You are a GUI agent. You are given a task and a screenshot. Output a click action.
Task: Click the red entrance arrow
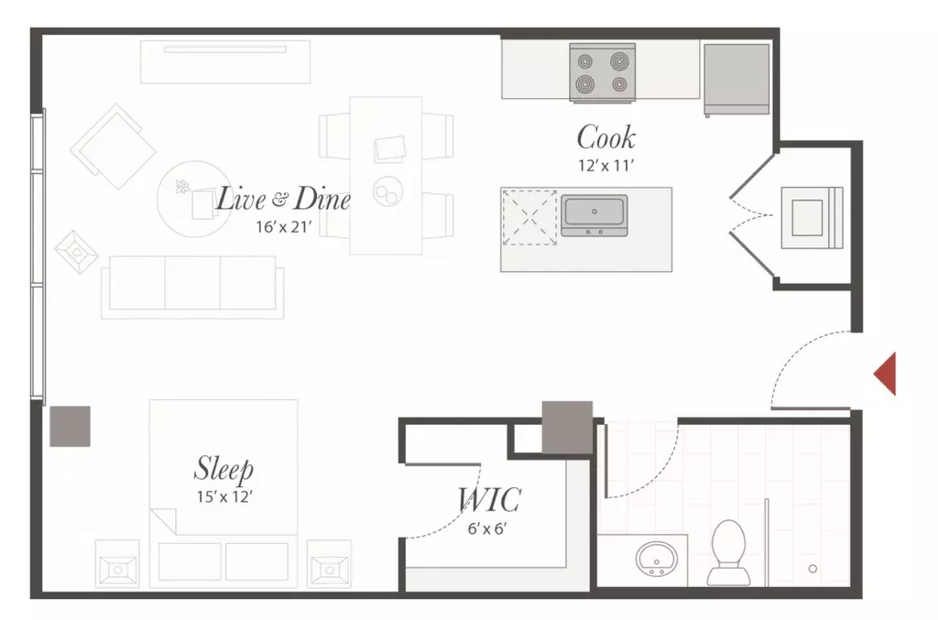pyautogui.click(x=888, y=375)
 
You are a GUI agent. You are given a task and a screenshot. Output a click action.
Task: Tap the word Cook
pyautogui.click(x=606, y=137)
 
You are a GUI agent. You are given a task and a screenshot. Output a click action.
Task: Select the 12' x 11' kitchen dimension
pyautogui.click(x=605, y=166)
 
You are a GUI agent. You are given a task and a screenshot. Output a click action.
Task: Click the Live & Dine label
pyautogui.click(x=283, y=199)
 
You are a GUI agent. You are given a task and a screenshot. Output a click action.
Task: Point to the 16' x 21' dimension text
pyautogui.click(x=284, y=227)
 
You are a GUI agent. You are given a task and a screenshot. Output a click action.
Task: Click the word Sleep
pyautogui.click(x=224, y=469)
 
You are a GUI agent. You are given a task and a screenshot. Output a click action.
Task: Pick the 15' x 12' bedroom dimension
pyautogui.click(x=224, y=497)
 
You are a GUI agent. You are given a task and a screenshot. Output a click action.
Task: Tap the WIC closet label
pyautogui.click(x=489, y=499)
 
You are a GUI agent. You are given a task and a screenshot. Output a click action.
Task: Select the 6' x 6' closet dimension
pyautogui.click(x=487, y=528)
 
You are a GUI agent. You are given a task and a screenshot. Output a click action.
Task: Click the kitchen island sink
pyautogui.click(x=594, y=215)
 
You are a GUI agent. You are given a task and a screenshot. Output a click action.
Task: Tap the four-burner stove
pyautogui.click(x=603, y=71)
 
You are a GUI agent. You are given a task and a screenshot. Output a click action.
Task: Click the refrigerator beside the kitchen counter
pyautogui.click(x=736, y=79)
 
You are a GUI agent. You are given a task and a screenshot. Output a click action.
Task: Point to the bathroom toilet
pyautogui.click(x=728, y=553)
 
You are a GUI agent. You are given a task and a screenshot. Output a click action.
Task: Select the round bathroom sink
pyautogui.click(x=657, y=559)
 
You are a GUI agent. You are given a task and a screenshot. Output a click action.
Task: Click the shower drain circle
pyautogui.click(x=813, y=569)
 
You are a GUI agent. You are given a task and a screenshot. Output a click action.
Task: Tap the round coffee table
pyautogui.click(x=194, y=199)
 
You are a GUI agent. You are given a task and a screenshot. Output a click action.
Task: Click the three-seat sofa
pyautogui.click(x=192, y=287)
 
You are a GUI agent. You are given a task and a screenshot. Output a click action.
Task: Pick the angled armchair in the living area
pyautogui.click(x=113, y=147)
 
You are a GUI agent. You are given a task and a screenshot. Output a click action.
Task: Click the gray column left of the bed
pyautogui.click(x=70, y=426)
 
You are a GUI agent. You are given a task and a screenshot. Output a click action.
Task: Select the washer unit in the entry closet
pyautogui.click(x=812, y=218)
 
